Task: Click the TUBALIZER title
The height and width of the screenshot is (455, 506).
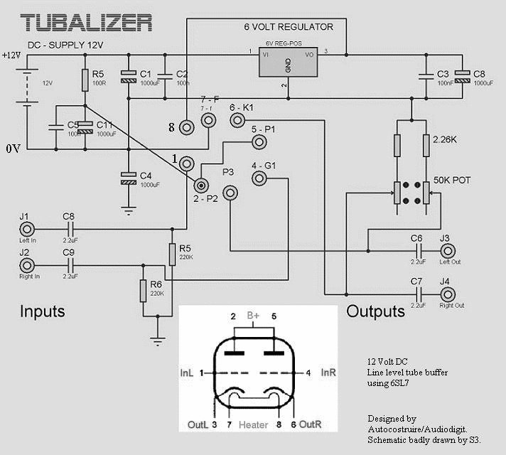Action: coord(87,21)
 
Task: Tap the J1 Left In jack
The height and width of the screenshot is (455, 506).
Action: coord(26,229)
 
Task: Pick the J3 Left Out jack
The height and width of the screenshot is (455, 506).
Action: coord(448,250)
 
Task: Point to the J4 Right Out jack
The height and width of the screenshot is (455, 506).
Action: coord(448,292)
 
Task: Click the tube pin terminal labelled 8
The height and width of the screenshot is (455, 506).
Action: coord(186,127)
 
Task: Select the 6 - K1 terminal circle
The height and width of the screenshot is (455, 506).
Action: coord(237,122)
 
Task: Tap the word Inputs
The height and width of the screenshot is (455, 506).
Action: coord(42,311)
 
